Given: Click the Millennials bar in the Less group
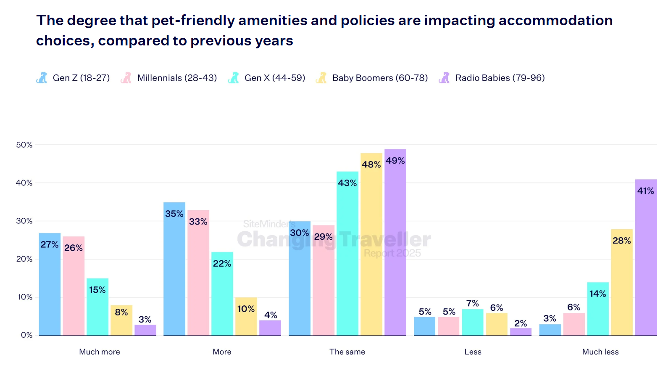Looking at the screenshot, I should pyautogui.click(x=449, y=326).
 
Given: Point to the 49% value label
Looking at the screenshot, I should pyautogui.click(x=395, y=161).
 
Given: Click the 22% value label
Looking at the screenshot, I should pyautogui.click(x=222, y=264).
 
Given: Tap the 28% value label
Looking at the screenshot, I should pyautogui.click(x=621, y=241).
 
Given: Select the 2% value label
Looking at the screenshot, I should pyautogui.click(x=520, y=323).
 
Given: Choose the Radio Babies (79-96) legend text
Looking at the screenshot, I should pyautogui.click(x=500, y=78).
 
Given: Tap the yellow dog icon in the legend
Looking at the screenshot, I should pyautogui.click(x=321, y=78).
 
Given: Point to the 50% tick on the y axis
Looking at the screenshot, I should pyautogui.click(x=24, y=145).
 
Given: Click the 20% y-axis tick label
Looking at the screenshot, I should pyautogui.click(x=24, y=259).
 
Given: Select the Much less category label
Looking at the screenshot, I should pyautogui.click(x=600, y=352).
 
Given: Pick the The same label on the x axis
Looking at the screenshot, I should pyautogui.click(x=347, y=352).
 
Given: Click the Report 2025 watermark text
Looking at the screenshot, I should pyautogui.click(x=392, y=253).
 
